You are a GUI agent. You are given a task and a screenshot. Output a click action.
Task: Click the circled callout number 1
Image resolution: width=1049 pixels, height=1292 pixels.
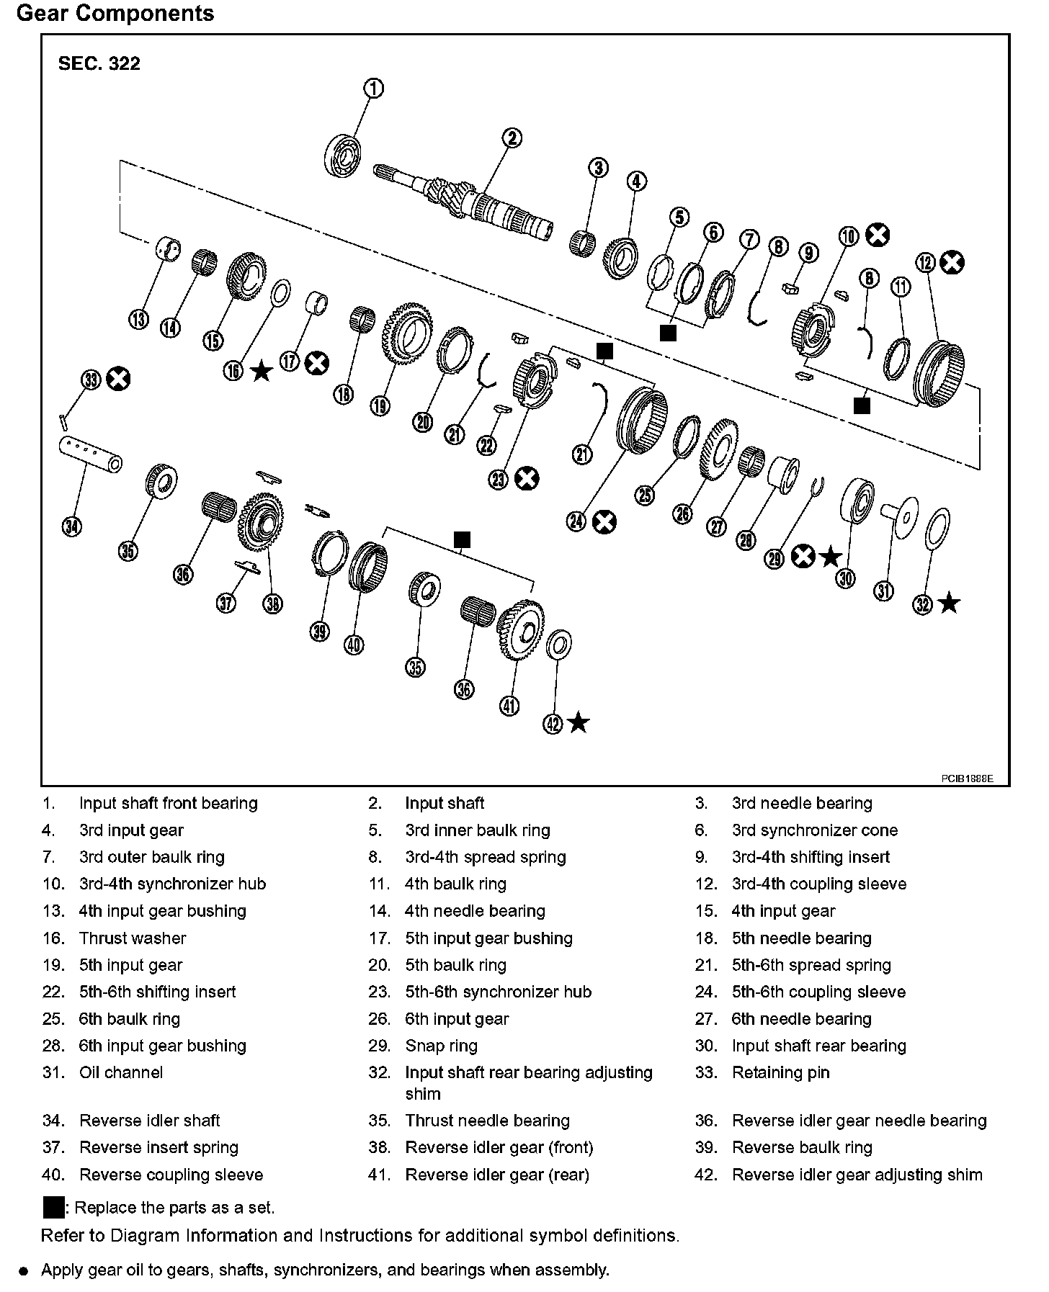(373, 89)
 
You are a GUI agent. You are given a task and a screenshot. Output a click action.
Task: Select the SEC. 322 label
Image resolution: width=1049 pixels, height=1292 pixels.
(99, 63)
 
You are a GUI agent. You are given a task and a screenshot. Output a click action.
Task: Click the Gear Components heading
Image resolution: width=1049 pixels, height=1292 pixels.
(115, 14)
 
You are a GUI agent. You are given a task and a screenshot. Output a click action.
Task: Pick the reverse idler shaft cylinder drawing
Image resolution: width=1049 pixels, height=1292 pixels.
(89, 455)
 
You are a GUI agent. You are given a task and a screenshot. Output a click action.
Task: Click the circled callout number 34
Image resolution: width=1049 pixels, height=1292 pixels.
(71, 527)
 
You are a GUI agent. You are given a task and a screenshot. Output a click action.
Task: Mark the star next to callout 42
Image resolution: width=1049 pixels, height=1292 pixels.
(578, 723)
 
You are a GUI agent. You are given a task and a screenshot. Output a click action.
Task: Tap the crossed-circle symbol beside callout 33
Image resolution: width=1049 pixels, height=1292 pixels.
(118, 379)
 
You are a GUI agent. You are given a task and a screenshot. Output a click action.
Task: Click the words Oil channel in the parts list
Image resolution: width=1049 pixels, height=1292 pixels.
(121, 1072)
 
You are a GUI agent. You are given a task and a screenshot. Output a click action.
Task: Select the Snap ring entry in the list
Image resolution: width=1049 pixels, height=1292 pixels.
(441, 1046)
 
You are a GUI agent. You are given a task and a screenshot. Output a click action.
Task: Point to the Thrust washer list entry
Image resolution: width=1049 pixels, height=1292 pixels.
(133, 938)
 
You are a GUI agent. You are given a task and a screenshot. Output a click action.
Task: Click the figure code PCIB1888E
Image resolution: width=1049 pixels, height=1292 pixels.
(966, 779)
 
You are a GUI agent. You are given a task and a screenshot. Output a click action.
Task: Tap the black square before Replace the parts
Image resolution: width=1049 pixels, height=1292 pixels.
(54, 1207)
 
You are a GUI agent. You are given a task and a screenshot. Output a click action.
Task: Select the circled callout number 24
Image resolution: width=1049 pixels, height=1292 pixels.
(576, 521)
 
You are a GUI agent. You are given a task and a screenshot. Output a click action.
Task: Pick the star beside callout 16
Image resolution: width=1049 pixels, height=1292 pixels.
(261, 372)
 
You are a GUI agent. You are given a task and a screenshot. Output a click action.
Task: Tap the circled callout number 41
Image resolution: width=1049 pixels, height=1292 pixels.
(509, 706)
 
